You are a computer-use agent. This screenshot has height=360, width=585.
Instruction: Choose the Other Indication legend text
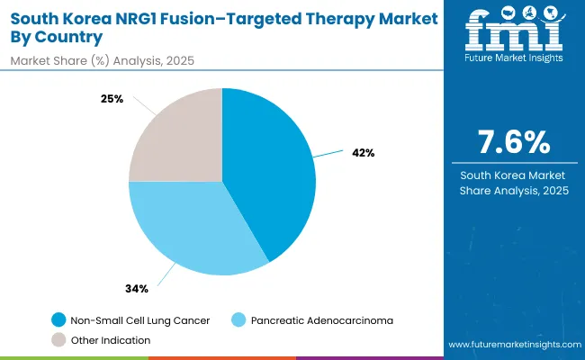pyautogui.click(x=111, y=339)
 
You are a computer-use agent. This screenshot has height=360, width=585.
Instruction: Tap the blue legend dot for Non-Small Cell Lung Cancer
pyautogui.click(x=58, y=319)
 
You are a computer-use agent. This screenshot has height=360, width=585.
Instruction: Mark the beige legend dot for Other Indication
pyautogui.click(x=58, y=339)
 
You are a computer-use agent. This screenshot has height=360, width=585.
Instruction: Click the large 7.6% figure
pyautogui.click(x=511, y=143)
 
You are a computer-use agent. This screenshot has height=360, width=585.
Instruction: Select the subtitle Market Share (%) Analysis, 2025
pyautogui.click(x=102, y=59)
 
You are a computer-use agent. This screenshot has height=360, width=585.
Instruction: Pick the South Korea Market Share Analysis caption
pyautogui.click(x=511, y=182)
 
